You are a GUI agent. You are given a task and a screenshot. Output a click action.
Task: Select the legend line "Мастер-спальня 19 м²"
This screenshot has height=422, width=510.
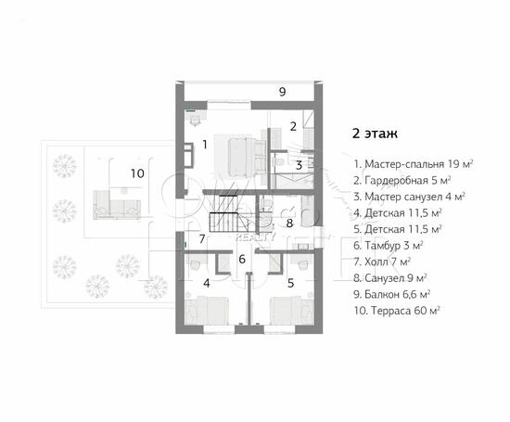click(x=413, y=163)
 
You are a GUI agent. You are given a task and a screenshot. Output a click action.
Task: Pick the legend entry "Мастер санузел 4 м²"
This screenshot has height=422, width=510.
click(x=409, y=197)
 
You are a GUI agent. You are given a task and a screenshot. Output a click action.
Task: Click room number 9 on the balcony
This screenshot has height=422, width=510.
click(x=282, y=91)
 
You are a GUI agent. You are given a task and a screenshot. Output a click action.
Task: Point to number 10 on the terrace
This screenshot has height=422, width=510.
click(x=137, y=173)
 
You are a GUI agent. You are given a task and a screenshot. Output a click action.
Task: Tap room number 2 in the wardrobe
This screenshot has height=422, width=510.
click(x=292, y=125)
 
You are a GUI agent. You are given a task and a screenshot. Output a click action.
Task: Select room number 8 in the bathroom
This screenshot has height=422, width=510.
click(x=289, y=223)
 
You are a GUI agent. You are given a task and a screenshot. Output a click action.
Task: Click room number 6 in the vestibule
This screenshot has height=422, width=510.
click(x=241, y=260)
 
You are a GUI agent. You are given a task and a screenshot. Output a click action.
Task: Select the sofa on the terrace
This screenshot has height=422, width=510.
click(x=116, y=202)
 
